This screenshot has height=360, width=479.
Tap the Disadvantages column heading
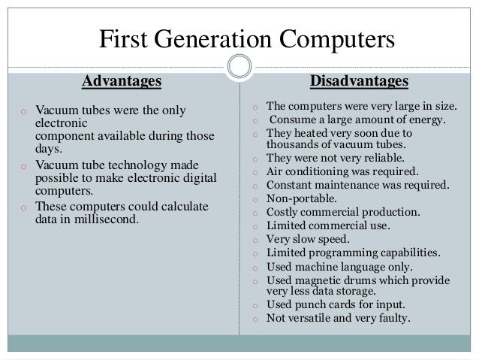click(x=360, y=80)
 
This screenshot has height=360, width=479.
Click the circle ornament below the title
click(x=239, y=68)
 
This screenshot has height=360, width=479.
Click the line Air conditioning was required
click(x=335, y=171)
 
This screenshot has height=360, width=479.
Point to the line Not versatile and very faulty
click(x=339, y=318)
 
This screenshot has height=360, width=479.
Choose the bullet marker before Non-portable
click(x=256, y=199)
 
